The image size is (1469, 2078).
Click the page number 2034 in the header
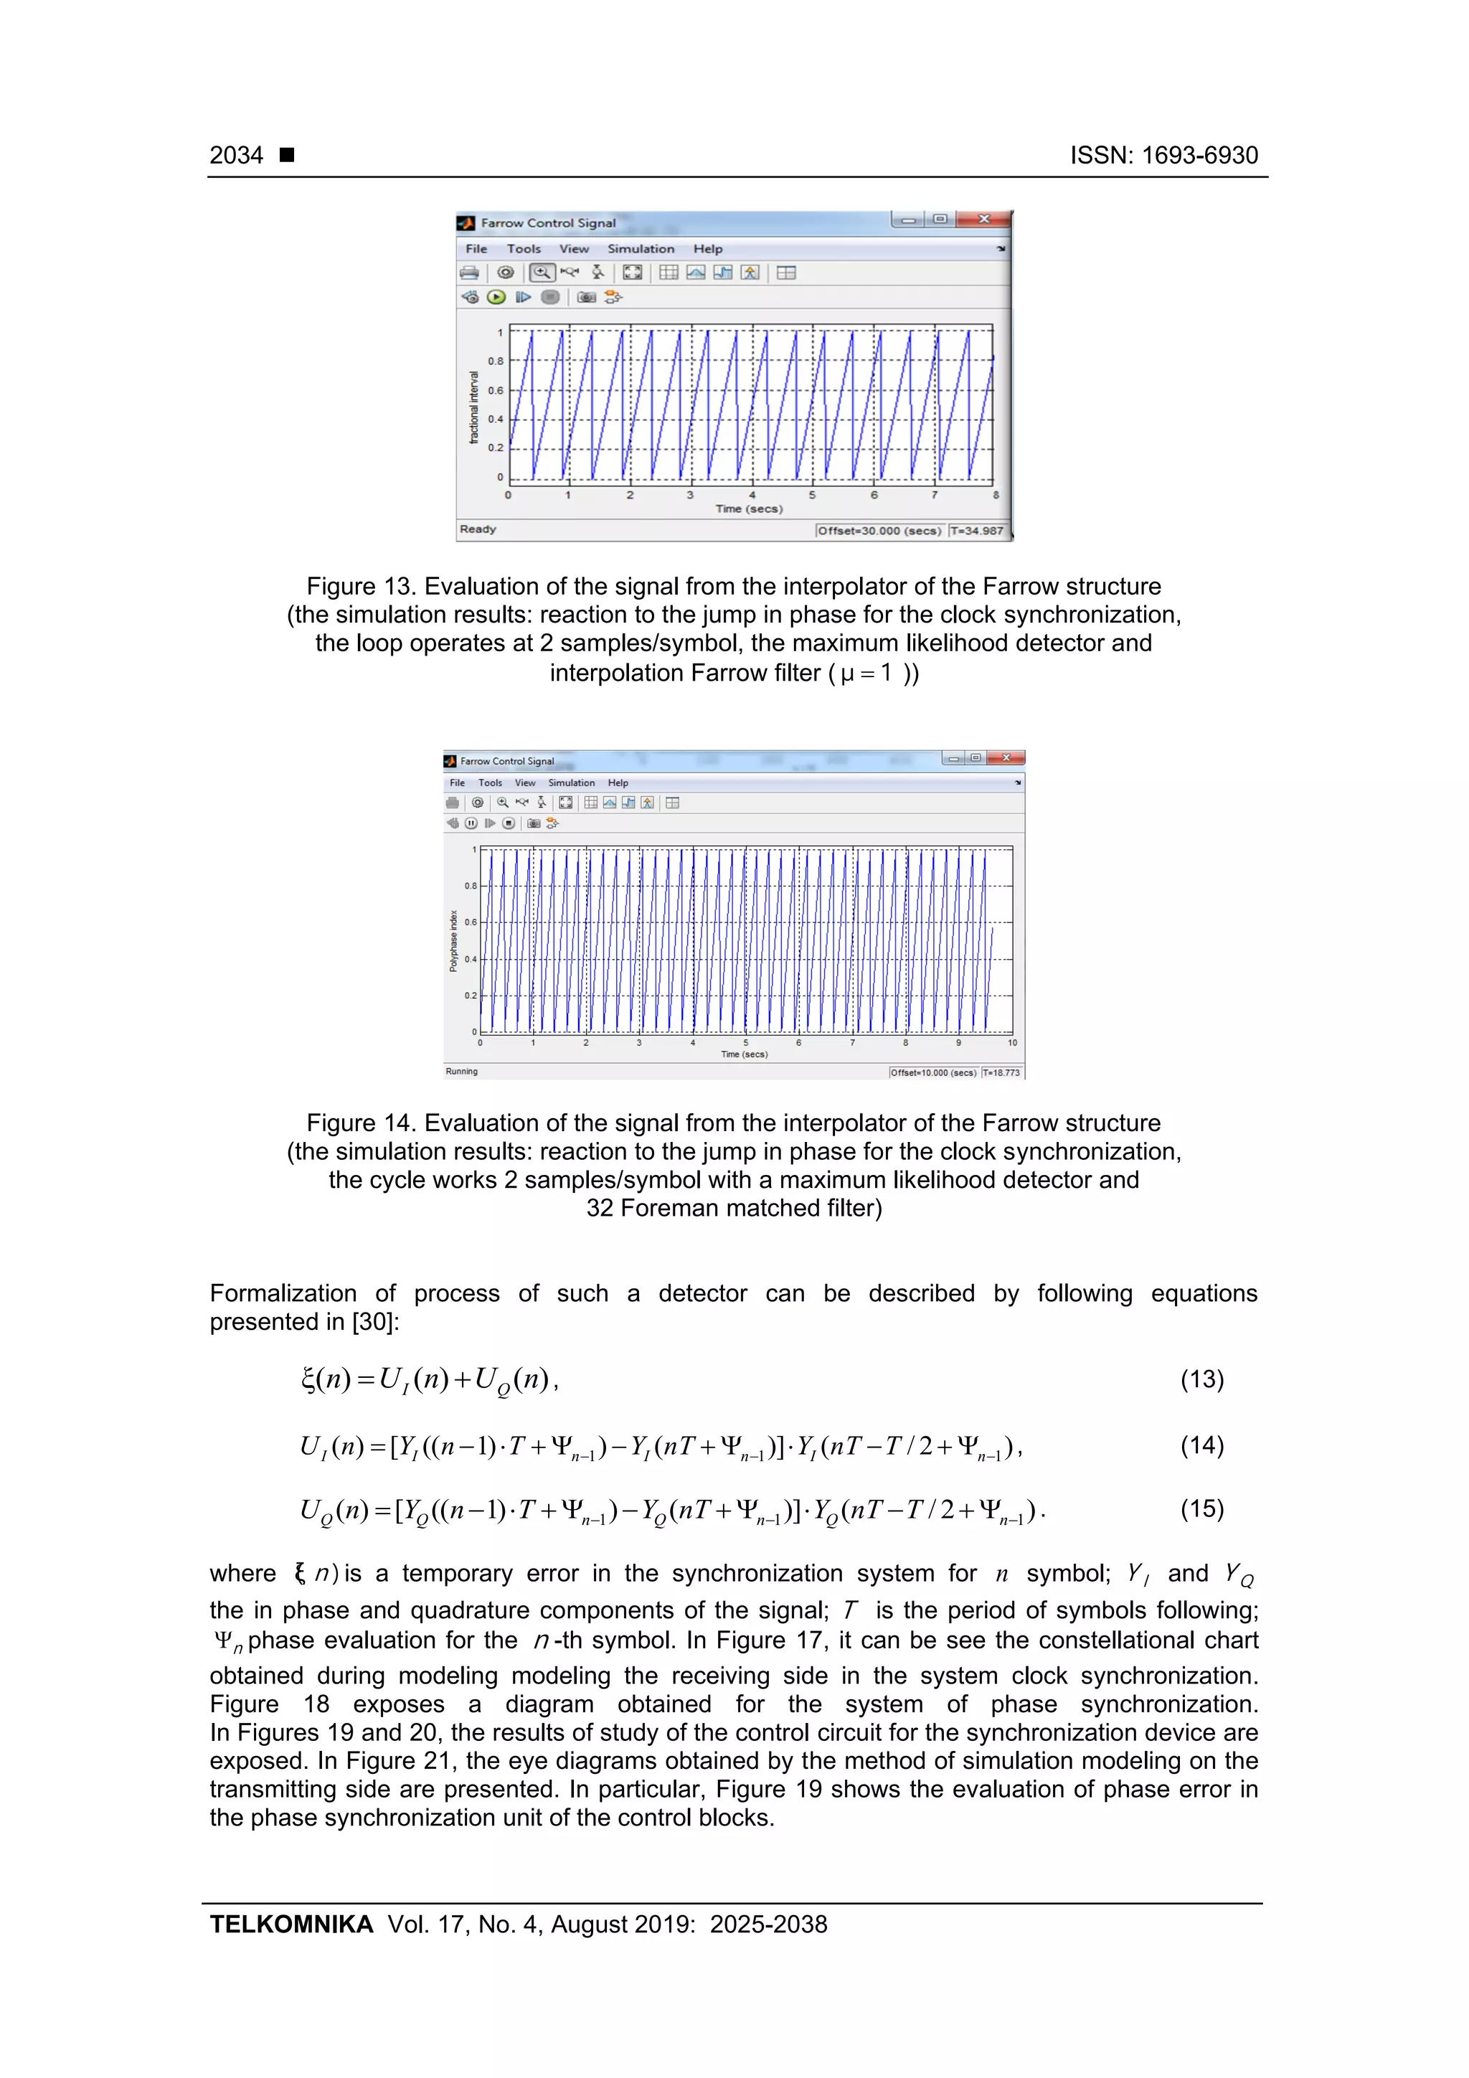coord(236,156)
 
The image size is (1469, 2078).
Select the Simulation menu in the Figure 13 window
coord(640,249)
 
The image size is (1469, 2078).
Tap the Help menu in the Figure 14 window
coord(618,783)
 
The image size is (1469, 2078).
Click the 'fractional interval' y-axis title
coord(473,407)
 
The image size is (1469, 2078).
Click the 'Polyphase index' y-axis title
coord(453,941)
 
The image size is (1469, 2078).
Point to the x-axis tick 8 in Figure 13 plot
coord(995,495)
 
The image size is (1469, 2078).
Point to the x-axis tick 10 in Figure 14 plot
coord(1012,1043)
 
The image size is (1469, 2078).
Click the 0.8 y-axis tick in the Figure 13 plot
coord(495,361)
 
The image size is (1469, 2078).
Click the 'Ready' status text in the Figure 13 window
coord(478,529)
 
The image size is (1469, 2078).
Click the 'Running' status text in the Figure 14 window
coord(462,1072)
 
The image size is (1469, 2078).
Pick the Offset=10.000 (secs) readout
coord(933,1072)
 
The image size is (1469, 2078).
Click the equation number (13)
coord(1201,1379)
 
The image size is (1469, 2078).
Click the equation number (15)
coord(1201,1508)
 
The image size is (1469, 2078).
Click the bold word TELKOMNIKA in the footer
coord(291,1924)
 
